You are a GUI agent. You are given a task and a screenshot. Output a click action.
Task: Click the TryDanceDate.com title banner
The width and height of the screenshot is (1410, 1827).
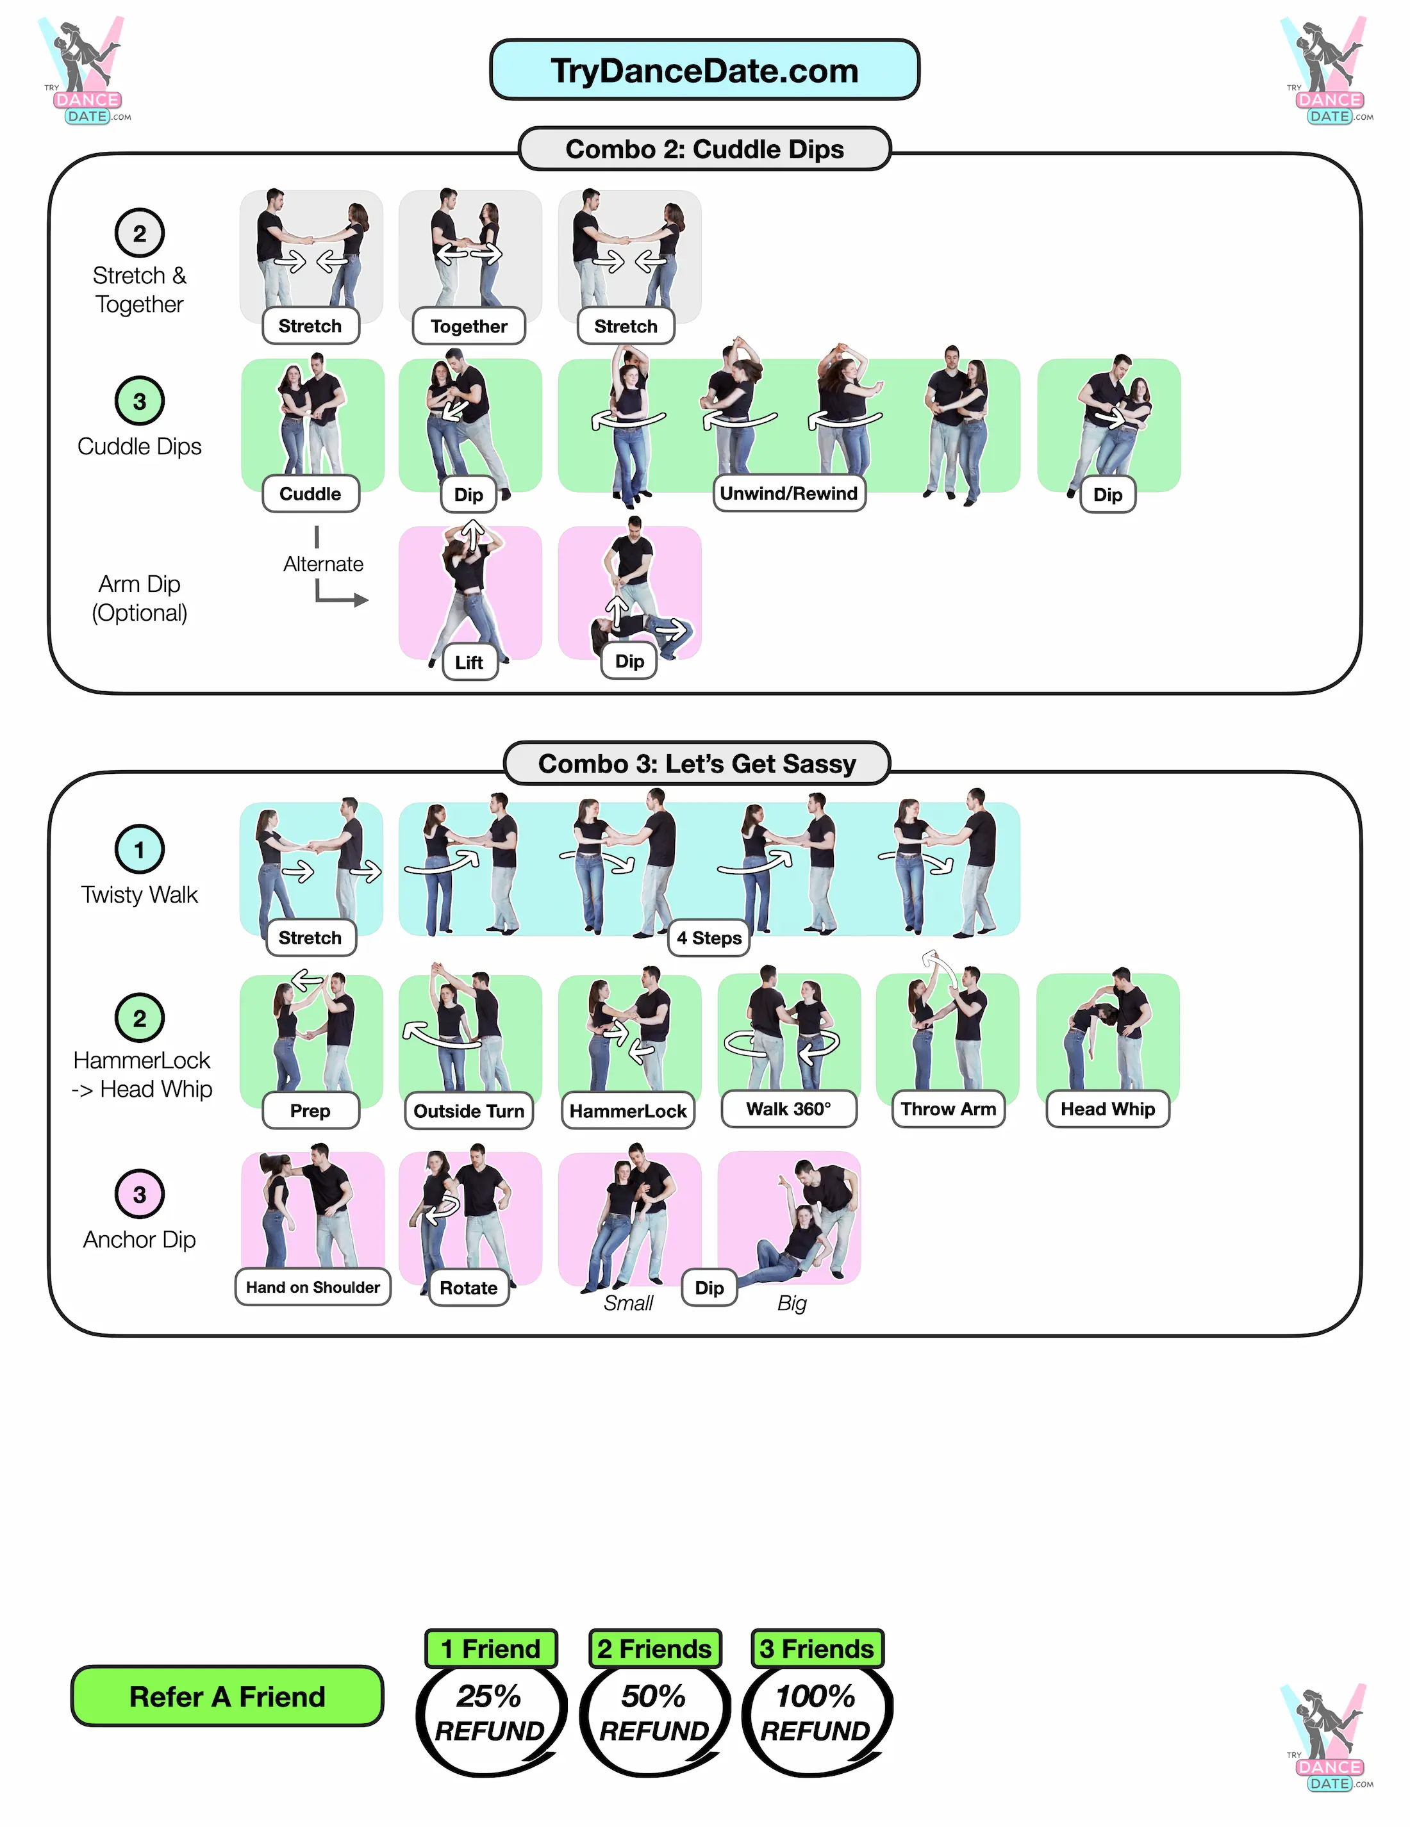pos(704,70)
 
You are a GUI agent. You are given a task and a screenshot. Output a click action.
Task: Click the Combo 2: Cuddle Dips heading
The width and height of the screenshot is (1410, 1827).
pos(704,149)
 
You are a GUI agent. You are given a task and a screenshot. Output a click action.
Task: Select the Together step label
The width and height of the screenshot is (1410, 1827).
pos(469,326)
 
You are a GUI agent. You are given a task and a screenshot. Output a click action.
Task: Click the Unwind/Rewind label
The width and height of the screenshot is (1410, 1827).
pos(788,493)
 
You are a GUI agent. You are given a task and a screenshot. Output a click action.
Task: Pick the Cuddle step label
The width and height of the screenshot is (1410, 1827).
pos(310,493)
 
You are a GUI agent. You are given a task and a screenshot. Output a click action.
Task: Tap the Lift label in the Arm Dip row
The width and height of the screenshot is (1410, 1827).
pos(469,662)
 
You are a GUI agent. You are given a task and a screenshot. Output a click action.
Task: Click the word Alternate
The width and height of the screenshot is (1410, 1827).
pos(323,564)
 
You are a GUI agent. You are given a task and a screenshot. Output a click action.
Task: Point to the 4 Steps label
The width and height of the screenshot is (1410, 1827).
pos(708,938)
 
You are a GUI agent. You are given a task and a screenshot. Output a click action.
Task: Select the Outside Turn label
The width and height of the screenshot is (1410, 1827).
pos(469,1111)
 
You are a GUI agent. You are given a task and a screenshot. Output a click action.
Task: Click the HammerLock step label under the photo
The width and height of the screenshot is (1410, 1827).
pos(627,1111)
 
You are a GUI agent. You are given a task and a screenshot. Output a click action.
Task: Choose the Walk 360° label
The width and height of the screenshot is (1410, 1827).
pos(788,1110)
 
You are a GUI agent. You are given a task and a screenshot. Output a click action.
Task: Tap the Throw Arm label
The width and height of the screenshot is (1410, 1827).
pos(947,1110)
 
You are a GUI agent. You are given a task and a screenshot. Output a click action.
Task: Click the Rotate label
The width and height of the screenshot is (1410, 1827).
pos(469,1288)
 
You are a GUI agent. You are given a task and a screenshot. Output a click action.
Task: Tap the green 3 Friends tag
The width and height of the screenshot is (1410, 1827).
pos(817,1649)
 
